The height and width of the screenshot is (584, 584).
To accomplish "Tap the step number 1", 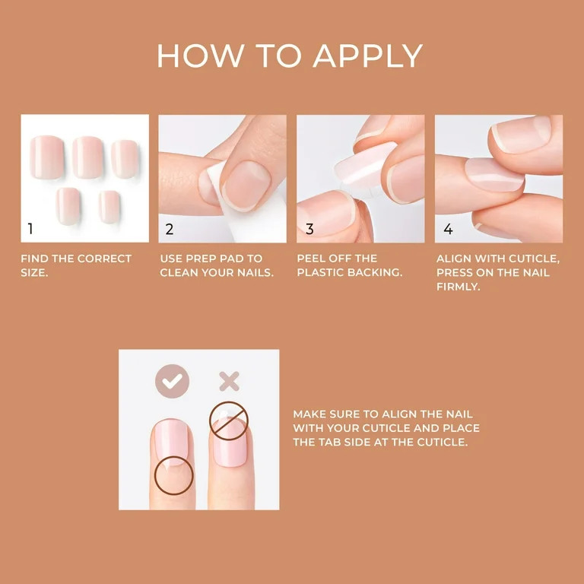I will click(x=30, y=229).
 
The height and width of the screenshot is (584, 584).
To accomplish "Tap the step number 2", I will click(x=170, y=229).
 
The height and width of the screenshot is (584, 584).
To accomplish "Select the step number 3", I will click(x=309, y=229).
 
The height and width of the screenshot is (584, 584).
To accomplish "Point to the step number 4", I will click(x=448, y=229).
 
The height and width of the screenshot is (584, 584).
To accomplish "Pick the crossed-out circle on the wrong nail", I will click(x=228, y=421).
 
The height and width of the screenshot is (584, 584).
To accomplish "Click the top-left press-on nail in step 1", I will click(x=48, y=155).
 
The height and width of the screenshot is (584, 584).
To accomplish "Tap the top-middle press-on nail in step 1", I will click(x=87, y=156).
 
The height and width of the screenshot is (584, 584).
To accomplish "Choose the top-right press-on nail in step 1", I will click(x=124, y=157).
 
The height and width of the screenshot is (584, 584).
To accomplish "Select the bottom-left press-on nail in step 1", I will click(x=68, y=205).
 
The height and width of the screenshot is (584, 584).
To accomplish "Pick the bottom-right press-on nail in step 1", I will click(x=109, y=205).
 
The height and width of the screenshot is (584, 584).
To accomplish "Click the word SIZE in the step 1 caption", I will click(x=34, y=272).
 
